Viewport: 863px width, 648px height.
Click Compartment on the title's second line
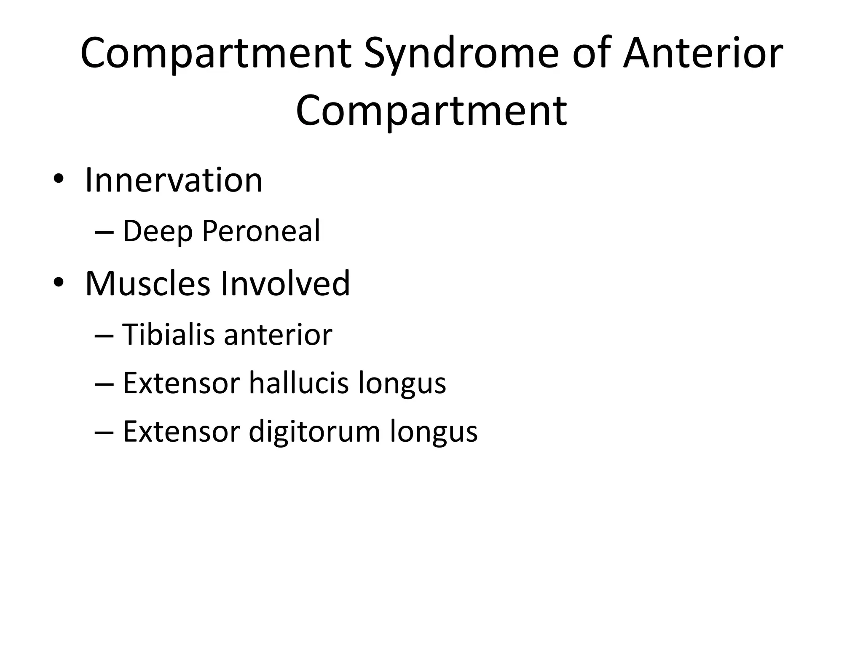point(431,111)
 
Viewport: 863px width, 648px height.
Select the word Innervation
point(174,181)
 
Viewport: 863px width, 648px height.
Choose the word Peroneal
point(261,231)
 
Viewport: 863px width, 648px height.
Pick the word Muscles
point(147,284)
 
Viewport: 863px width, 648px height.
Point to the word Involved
point(285,284)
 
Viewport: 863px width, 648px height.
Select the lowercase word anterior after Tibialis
point(278,335)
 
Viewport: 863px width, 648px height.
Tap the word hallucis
point(299,383)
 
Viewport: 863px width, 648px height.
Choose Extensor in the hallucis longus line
point(181,383)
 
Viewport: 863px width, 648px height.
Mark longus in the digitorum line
point(434,432)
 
